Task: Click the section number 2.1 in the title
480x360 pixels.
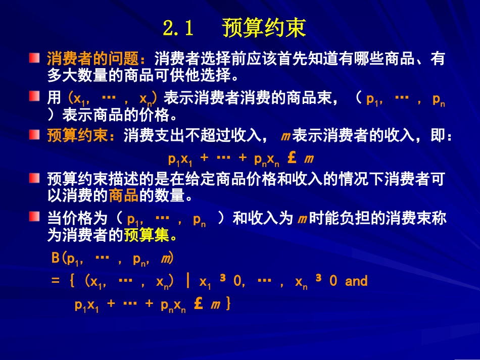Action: (x=179, y=29)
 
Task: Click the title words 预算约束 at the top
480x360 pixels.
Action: (x=264, y=29)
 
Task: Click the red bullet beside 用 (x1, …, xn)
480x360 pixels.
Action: (x=34, y=96)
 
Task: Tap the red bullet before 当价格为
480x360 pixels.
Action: (x=34, y=217)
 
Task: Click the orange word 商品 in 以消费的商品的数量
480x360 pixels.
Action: (x=124, y=195)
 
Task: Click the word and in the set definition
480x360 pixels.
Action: (x=356, y=281)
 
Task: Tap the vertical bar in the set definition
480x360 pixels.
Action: (x=188, y=281)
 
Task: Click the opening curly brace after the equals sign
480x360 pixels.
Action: (x=71, y=281)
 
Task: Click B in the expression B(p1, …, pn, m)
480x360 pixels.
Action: (x=56, y=259)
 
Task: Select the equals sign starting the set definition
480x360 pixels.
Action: (x=55, y=281)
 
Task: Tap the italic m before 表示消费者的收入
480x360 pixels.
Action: (x=284, y=137)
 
